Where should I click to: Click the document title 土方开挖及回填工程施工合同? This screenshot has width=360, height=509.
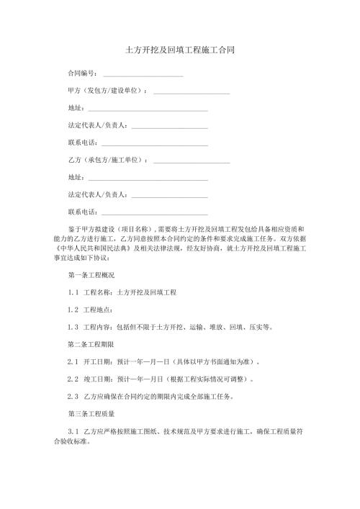[179, 51]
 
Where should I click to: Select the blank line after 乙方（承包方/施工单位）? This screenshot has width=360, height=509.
[192, 160]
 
